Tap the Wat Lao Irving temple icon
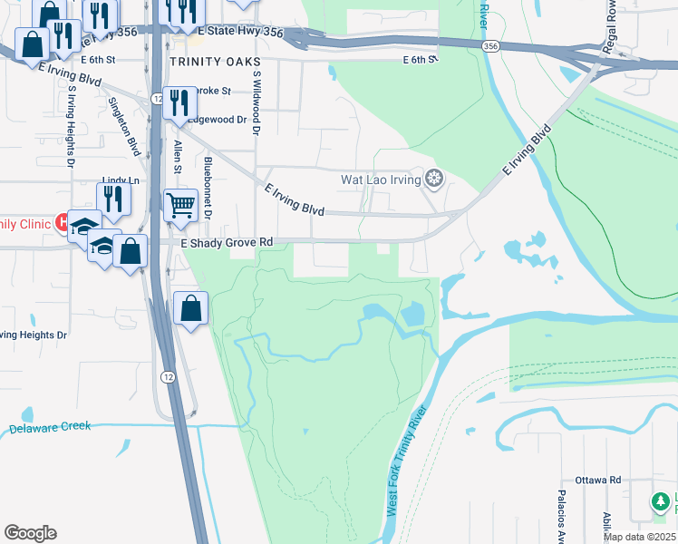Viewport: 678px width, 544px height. coord(435,180)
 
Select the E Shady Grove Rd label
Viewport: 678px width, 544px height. coord(227,243)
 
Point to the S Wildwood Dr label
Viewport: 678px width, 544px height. coord(257,104)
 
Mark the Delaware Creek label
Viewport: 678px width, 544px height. coord(50,427)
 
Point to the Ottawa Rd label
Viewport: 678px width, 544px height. coord(597,480)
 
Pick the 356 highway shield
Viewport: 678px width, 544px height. coord(490,46)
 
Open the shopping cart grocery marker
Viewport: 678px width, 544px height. coord(180,205)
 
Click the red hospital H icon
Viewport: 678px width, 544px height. coord(63,221)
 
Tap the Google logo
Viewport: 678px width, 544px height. coord(30,533)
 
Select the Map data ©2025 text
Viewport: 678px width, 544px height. coord(640,537)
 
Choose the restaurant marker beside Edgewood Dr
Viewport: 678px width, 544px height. coord(179,103)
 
